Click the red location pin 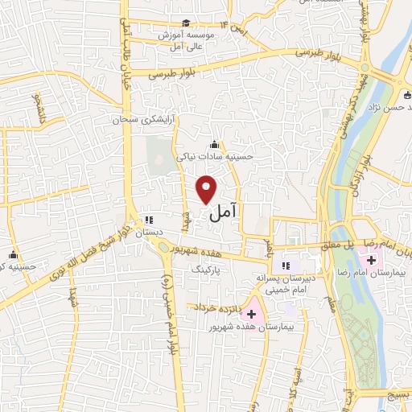tap(208, 187)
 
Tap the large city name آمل tap(223, 213)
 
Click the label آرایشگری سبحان tap(143, 118)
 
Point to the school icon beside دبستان tap(147, 219)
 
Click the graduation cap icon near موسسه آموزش tap(187, 23)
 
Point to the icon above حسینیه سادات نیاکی tap(212, 145)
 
